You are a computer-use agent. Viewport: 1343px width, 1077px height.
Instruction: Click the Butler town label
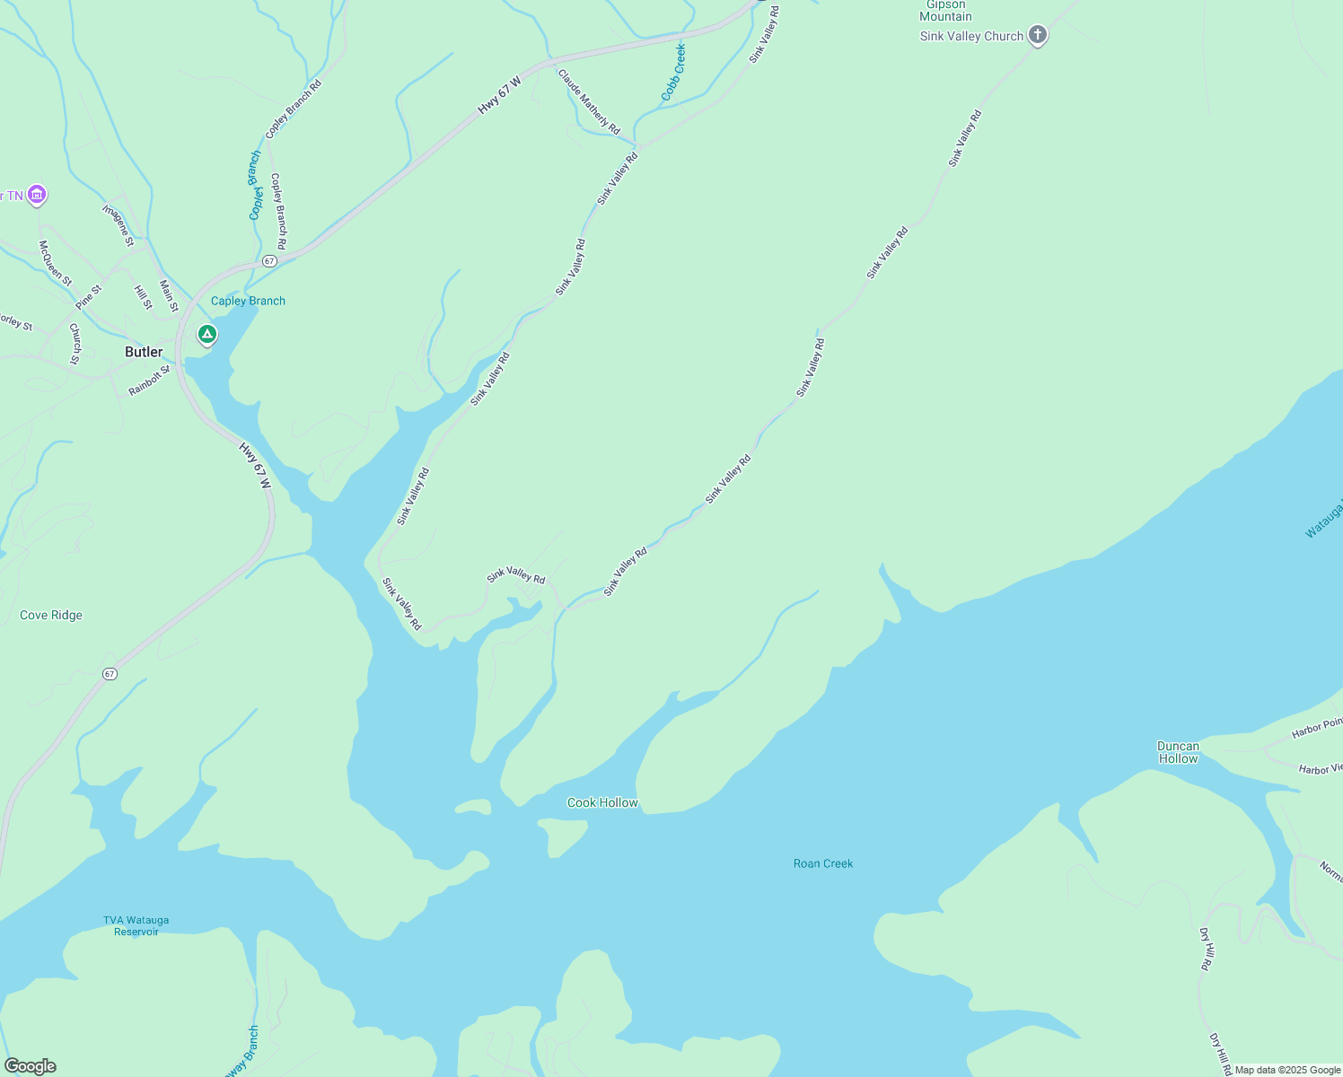[144, 352]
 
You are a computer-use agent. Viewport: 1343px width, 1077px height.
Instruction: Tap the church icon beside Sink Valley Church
[1037, 36]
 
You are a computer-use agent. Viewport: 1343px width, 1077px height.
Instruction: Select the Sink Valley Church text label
[971, 36]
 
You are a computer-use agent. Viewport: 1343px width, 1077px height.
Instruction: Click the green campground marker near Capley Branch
[207, 335]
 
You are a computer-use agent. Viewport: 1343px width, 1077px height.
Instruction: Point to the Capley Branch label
[248, 301]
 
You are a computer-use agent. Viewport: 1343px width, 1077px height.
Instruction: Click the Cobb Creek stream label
[673, 72]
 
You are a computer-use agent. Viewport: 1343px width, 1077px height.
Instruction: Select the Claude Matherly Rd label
[589, 101]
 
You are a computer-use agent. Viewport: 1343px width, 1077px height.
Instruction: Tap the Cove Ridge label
[51, 615]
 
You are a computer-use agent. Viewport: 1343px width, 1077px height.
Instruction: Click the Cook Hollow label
[602, 802]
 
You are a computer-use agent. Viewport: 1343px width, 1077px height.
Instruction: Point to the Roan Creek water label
[823, 863]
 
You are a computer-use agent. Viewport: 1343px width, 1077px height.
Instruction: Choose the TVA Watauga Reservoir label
[136, 925]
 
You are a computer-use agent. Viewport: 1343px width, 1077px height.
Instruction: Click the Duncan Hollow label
[1178, 752]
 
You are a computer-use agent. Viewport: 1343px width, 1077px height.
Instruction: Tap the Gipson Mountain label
[945, 11]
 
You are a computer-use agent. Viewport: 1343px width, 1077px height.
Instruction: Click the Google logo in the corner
[30, 1066]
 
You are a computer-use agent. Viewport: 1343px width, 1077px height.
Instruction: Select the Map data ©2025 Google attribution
[1287, 1070]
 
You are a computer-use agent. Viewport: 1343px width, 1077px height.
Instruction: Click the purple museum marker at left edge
[37, 194]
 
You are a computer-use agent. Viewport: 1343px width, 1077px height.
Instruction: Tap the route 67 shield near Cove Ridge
[110, 673]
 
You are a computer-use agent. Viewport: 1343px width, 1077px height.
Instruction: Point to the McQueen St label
[55, 262]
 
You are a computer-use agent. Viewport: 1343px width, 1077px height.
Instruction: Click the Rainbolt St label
[149, 381]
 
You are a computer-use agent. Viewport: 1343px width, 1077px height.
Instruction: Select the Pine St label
[88, 297]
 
